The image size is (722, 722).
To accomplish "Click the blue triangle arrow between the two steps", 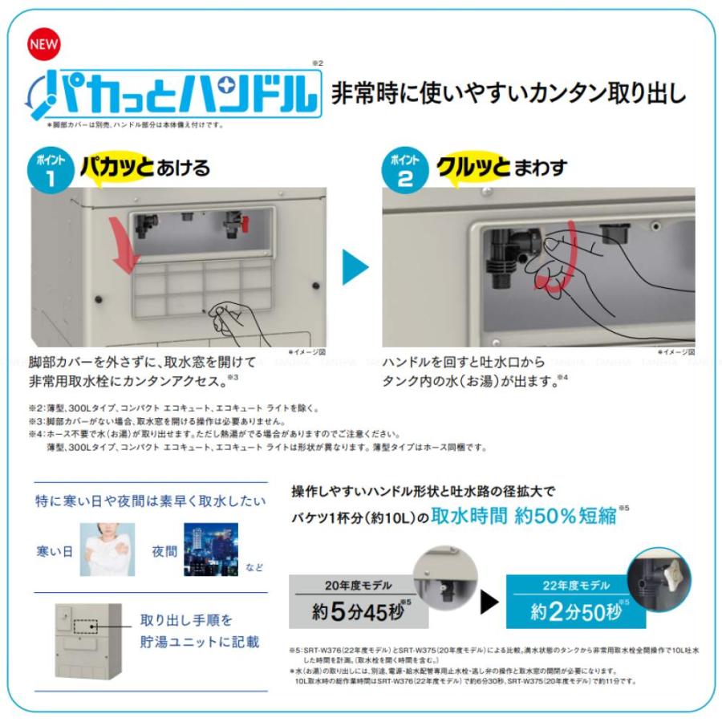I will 354,267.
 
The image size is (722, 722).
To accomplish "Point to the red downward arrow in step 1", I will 124,240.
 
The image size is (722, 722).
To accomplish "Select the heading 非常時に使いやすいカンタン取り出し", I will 509,93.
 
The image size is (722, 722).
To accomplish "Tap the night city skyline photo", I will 210,550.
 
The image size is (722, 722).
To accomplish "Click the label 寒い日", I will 54,551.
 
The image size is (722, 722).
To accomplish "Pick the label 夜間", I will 164,551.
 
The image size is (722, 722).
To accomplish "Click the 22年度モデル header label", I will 574,586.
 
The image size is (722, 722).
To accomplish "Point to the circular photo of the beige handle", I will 659,578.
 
